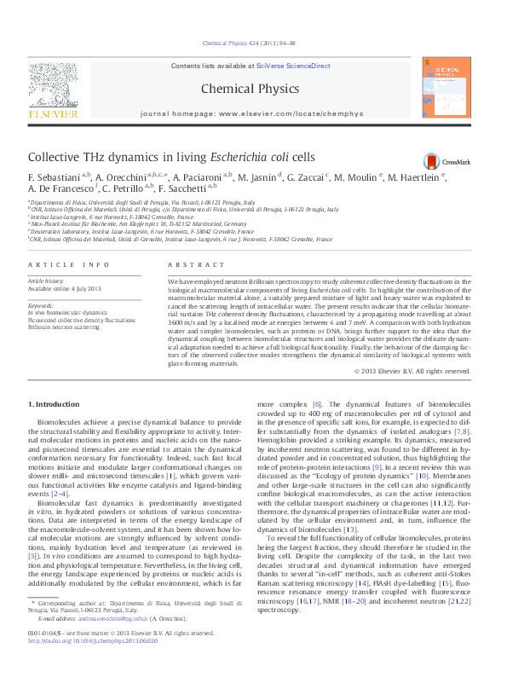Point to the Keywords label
tap(41, 304)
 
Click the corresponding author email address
tap(110, 642)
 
